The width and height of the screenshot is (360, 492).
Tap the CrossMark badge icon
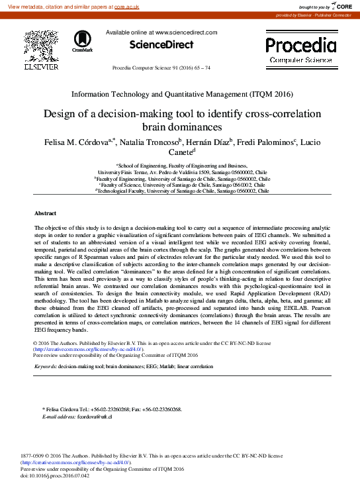point(82,42)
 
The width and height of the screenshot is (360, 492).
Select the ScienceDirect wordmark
point(161,45)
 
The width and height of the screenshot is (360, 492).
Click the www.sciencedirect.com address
point(186,32)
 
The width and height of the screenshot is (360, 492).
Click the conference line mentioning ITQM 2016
point(181,95)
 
